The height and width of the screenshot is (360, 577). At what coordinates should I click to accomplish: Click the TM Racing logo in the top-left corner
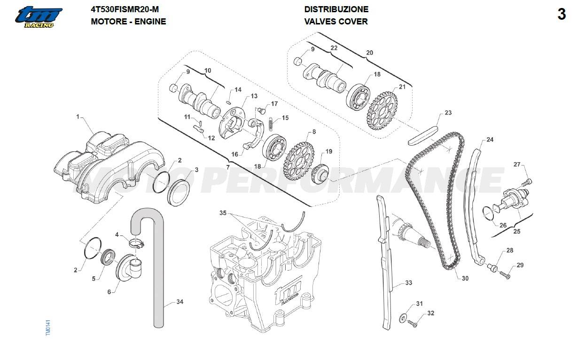tap(38, 17)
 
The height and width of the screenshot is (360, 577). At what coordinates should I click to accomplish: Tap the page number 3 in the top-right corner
tap(561, 15)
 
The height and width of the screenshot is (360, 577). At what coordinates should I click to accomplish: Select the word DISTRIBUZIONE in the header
tap(336, 9)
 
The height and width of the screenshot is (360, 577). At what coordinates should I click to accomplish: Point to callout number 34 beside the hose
tap(179, 302)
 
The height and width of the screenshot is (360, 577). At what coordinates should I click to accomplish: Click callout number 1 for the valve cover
tap(78, 117)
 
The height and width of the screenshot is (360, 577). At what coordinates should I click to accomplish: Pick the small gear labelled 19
tap(321, 174)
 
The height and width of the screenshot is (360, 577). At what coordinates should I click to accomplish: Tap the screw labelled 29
tap(505, 274)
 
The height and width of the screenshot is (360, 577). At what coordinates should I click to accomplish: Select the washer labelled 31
tap(404, 319)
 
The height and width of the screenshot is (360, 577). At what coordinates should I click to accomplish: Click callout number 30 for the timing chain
tap(465, 278)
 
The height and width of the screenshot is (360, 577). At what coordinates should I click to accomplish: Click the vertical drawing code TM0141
tap(48, 328)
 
